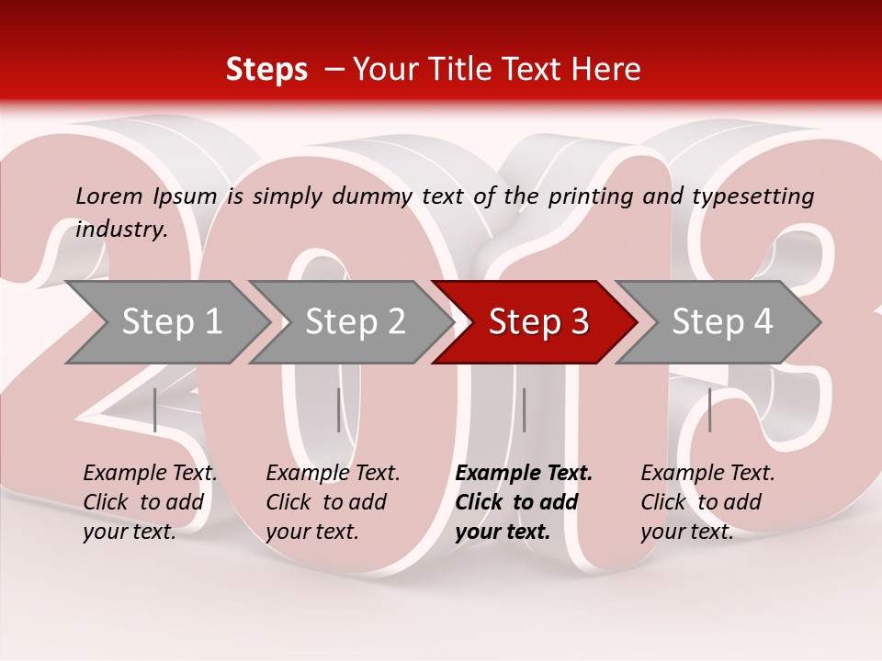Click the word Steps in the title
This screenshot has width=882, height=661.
pos(266,70)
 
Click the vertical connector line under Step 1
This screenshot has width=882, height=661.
pos(155,409)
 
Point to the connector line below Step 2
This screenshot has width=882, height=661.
pos(338,409)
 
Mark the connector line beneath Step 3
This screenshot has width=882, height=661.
pos(524,409)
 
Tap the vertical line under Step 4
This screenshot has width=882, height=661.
pos(709,409)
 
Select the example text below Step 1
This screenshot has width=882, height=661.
pos(150,502)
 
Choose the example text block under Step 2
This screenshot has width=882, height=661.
pos(333,502)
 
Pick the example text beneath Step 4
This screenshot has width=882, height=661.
pos(707,502)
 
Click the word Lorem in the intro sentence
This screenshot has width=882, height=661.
pos(109,196)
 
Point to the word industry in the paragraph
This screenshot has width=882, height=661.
pos(121,230)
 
